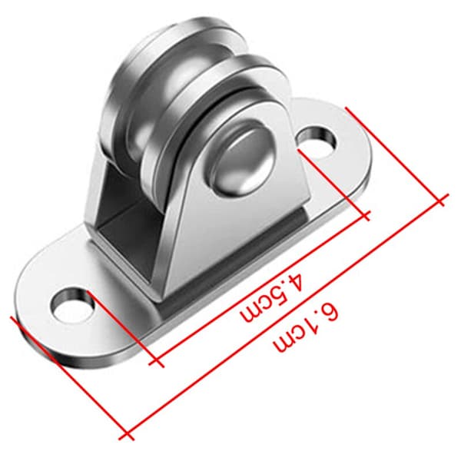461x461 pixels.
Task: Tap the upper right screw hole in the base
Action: (317, 141)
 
